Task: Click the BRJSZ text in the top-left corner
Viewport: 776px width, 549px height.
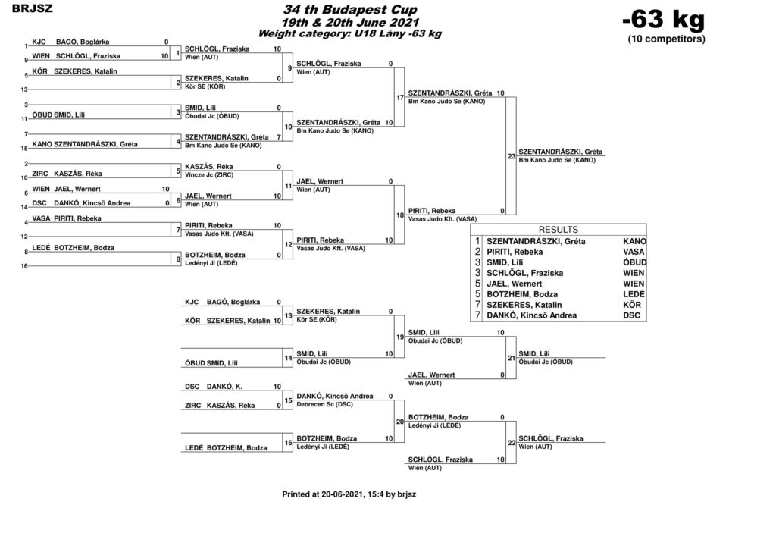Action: [x=32, y=8]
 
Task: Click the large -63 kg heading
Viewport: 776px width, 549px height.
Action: [x=664, y=20]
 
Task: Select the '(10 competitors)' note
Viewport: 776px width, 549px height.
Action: [x=666, y=39]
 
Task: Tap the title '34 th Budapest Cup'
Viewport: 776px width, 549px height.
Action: [x=350, y=9]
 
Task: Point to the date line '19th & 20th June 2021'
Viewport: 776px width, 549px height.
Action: [x=350, y=22]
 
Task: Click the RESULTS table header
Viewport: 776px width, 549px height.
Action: [x=559, y=230]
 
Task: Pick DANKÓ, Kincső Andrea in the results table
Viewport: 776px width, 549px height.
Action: [x=531, y=315]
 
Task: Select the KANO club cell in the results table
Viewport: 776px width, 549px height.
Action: [x=634, y=241]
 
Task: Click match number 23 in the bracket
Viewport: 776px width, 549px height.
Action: [x=512, y=156]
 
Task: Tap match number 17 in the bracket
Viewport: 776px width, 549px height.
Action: [x=400, y=98]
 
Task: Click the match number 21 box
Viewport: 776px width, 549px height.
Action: [x=512, y=358]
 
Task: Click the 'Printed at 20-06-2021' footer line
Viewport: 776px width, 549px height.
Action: [x=349, y=494]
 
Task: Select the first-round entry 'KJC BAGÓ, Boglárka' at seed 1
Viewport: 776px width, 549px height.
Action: [x=70, y=42]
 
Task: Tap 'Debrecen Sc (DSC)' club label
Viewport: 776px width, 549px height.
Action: [x=324, y=404]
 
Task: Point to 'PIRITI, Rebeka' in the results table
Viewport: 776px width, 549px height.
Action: [x=515, y=252]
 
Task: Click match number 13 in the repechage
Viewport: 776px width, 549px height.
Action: [x=288, y=316]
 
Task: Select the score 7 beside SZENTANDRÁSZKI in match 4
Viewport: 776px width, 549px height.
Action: [x=279, y=137]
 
